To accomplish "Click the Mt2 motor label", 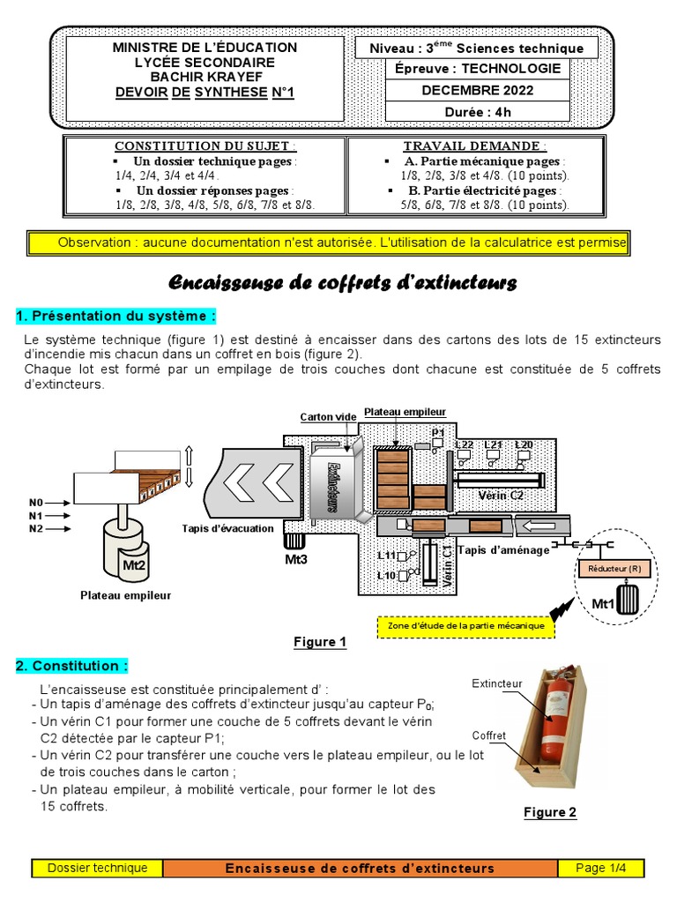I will click(x=133, y=565).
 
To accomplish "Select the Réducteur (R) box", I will click(x=614, y=570).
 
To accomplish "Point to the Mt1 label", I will click(x=602, y=604).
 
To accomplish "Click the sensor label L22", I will click(x=465, y=444).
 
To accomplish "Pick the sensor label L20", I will click(x=524, y=444).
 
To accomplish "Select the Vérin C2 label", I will click(x=500, y=495).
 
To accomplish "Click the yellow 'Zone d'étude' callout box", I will click(x=466, y=626).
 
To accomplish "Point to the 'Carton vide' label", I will click(x=328, y=417).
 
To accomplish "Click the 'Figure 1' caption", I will click(x=320, y=642).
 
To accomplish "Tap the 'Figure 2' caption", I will click(x=550, y=812).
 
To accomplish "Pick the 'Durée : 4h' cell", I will click(x=478, y=112).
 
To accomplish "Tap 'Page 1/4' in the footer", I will click(x=600, y=868).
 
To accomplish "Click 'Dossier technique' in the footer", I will click(x=98, y=868).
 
